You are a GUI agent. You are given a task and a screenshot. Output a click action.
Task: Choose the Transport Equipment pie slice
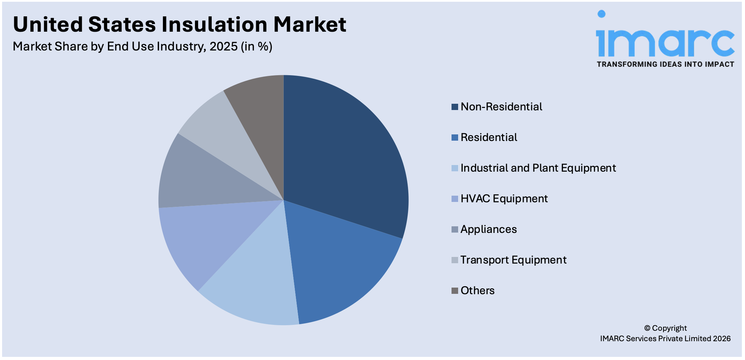point(223,129)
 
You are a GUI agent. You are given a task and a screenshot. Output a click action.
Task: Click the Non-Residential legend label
point(501,107)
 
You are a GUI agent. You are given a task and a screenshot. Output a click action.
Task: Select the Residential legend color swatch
point(455,138)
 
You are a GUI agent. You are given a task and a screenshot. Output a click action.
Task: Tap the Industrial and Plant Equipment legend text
point(538,168)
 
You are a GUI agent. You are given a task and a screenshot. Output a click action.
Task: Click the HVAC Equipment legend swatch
point(455,199)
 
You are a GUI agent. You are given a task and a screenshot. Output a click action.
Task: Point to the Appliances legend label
point(488,229)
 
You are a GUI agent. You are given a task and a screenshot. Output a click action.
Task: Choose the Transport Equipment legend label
point(513,260)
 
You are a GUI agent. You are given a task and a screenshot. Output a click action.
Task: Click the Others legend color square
point(455,291)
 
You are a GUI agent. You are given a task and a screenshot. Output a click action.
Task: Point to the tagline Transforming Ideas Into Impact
point(665,64)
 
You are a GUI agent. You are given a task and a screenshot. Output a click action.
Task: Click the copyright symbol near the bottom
point(647,328)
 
